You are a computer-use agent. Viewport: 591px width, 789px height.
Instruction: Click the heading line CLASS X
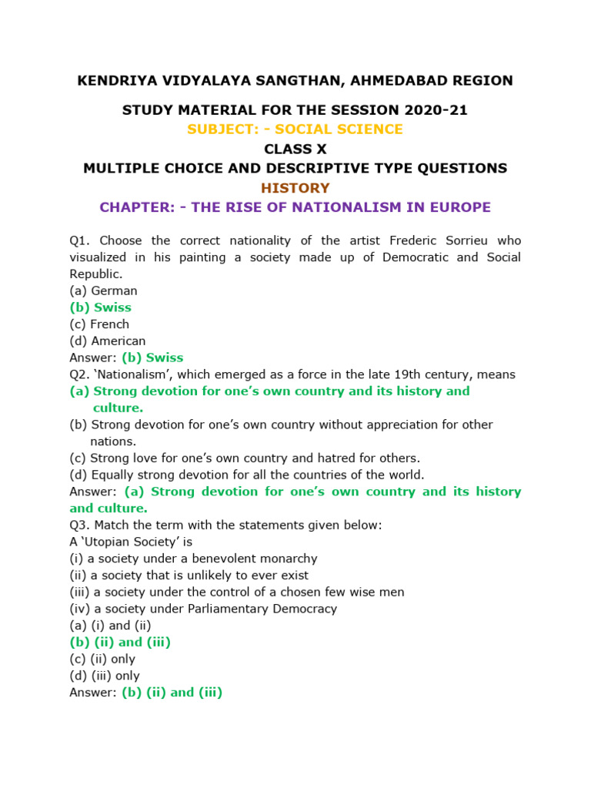(x=295, y=149)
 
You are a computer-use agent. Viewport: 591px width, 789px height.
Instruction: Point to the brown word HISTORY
(x=295, y=188)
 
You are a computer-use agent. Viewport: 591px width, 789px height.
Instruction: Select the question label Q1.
(x=79, y=240)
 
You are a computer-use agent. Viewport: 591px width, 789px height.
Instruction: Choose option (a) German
(x=103, y=290)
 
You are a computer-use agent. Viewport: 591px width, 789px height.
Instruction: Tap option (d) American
(x=108, y=341)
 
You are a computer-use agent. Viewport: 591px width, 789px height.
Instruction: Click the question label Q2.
(x=79, y=374)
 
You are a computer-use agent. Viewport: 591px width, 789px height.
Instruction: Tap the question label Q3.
(x=79, y=525)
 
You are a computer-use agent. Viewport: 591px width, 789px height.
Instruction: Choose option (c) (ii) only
(x=102, y=659)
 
